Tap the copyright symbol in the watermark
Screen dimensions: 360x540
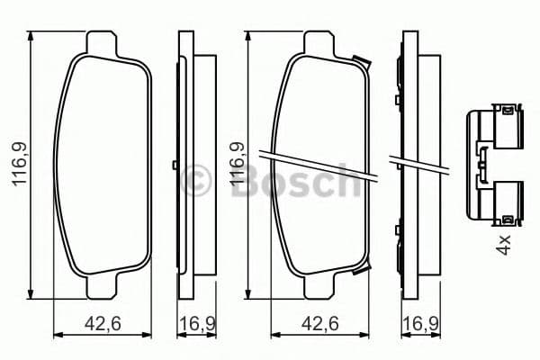[x=194, y=181]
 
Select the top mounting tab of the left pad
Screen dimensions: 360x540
[x=105, y=43]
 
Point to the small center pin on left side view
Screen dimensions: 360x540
[x=174, y=166]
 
